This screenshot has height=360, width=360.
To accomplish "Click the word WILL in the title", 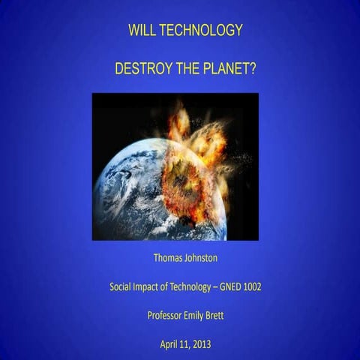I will (x=142, y=31).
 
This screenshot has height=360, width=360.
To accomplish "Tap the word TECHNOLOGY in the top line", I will (x=200, y=31).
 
